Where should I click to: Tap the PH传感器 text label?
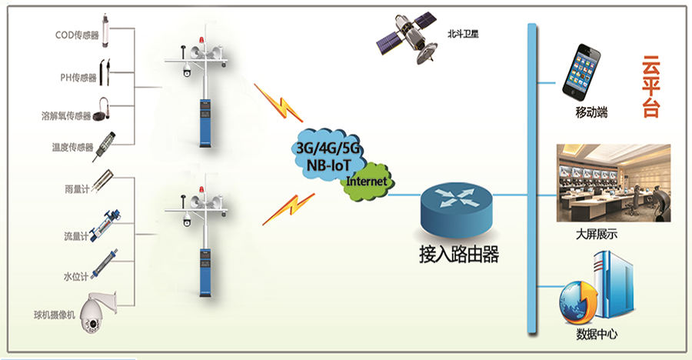tap(78, 78)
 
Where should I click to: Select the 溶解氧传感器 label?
tap(66, 116)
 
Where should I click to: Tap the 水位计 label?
tap(78, 273)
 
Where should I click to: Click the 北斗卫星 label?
tap(462, 35)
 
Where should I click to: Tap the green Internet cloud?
tap(368, 182)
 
